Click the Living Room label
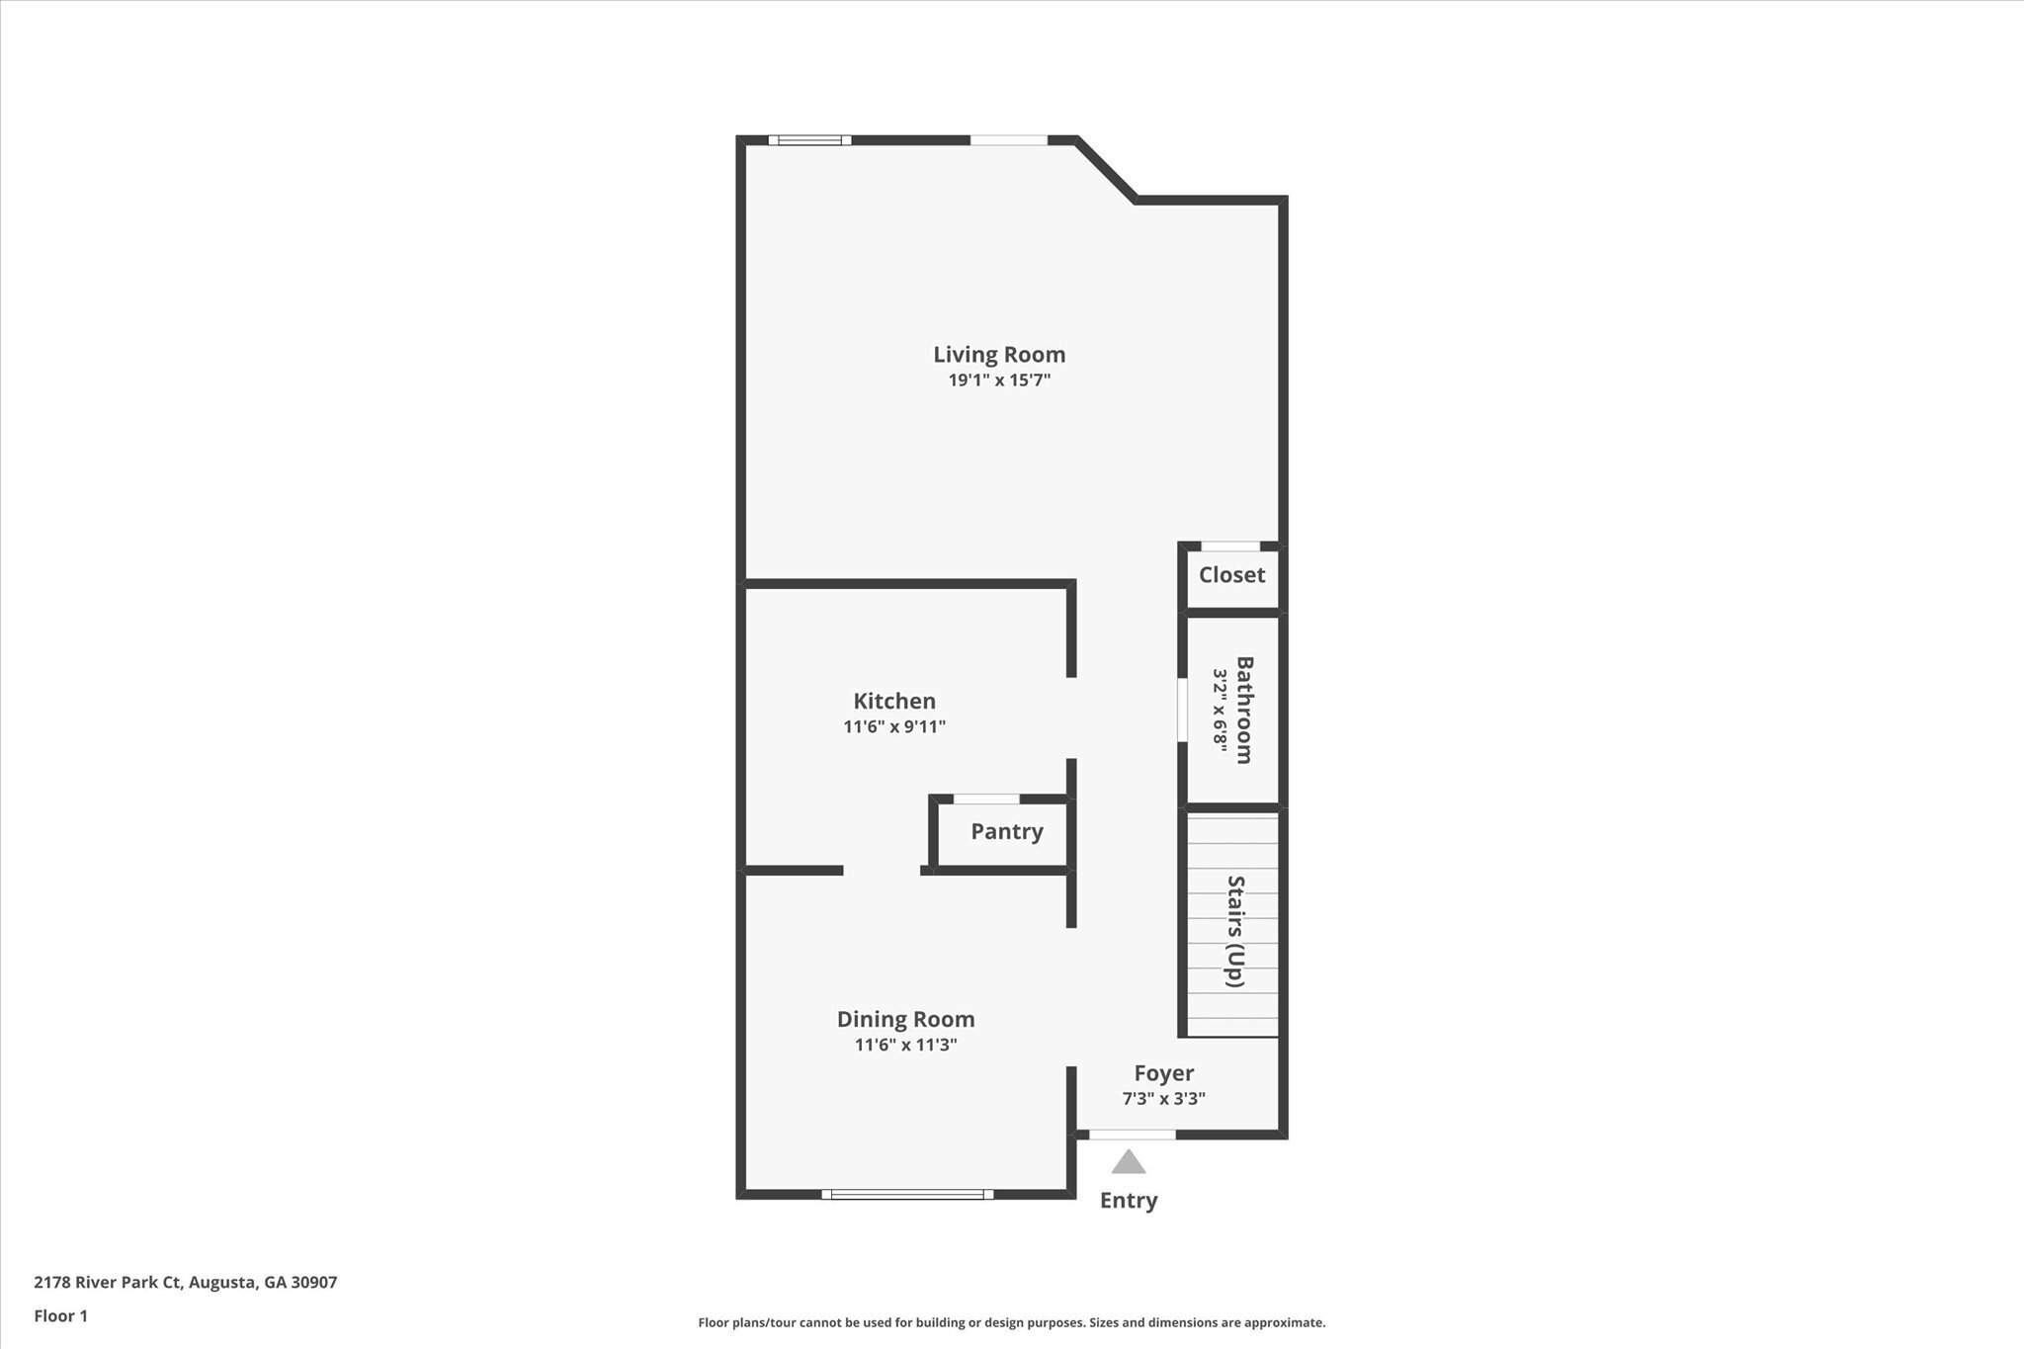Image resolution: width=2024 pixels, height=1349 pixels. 999,354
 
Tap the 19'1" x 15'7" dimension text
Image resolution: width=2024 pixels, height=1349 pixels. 999,380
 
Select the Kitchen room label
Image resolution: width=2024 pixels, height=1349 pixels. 894,701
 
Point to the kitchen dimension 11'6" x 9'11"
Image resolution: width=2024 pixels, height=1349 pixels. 894,727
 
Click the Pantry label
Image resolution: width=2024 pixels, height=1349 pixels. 1006,831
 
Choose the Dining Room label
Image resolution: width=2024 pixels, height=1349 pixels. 905,1019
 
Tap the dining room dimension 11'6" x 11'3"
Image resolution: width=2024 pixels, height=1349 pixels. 905,1045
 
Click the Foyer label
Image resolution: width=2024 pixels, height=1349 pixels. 1163,1072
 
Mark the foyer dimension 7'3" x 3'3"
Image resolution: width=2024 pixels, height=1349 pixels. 1163,1098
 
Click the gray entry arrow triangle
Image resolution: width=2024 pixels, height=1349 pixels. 1128,1162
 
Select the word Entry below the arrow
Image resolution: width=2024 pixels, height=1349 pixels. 1129,1200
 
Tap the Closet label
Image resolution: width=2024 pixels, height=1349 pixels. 1231,574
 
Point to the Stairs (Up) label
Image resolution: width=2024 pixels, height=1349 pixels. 1235,930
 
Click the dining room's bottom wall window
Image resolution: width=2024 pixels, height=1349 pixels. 907,1194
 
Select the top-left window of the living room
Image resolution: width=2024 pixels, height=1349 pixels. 810,140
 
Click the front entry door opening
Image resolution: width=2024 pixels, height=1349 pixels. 1132,1135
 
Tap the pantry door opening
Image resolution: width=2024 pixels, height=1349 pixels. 986,799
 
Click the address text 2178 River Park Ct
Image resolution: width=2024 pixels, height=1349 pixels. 109,1283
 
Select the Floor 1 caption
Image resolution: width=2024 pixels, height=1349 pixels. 61,1315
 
